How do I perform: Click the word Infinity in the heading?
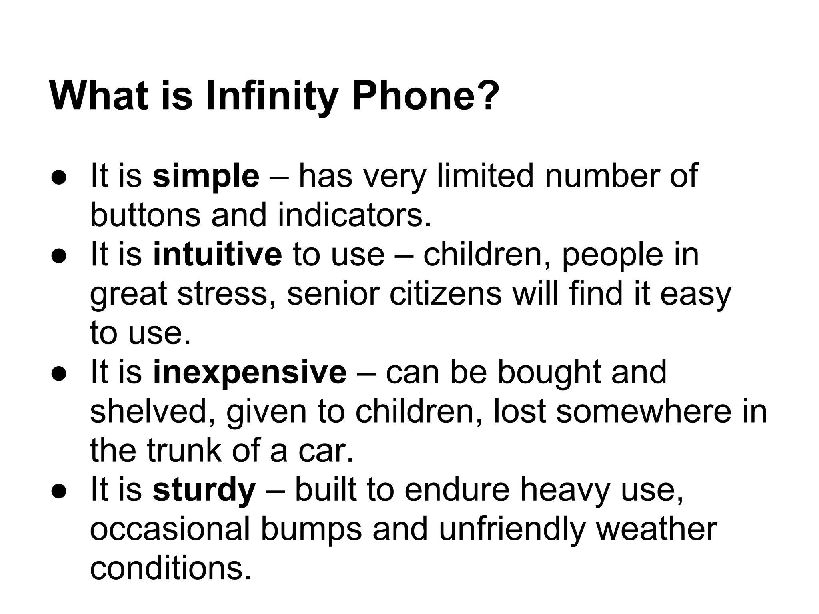coord(272,96)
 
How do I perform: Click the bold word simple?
coord(206,176)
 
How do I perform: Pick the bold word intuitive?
coord(218,255)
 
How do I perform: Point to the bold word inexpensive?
coord(250,372)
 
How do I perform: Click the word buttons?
coord(145,215)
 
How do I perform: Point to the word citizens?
coord(446,294)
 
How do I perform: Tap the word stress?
coord(222,294)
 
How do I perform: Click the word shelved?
coord(154,411)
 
